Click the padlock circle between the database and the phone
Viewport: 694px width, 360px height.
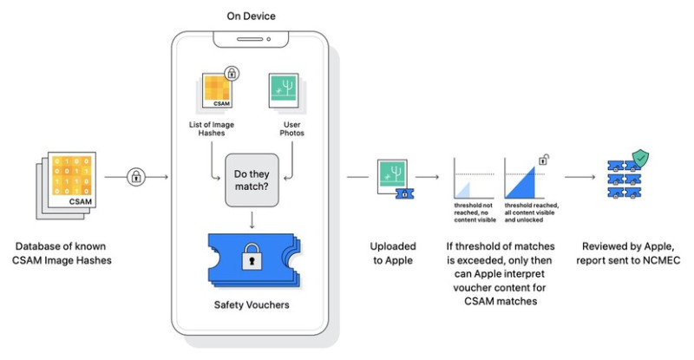[136, 177]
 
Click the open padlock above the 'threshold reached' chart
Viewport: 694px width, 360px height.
[544, 160]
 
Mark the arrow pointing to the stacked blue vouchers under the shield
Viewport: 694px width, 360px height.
[579, 177]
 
